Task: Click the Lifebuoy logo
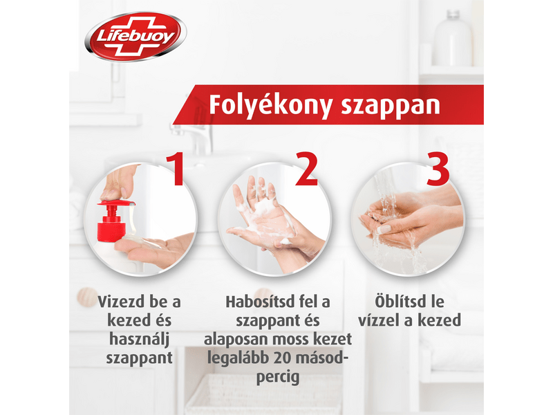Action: [135, 37]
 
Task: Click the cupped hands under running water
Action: [401, 225]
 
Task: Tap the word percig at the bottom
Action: [278, 377]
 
